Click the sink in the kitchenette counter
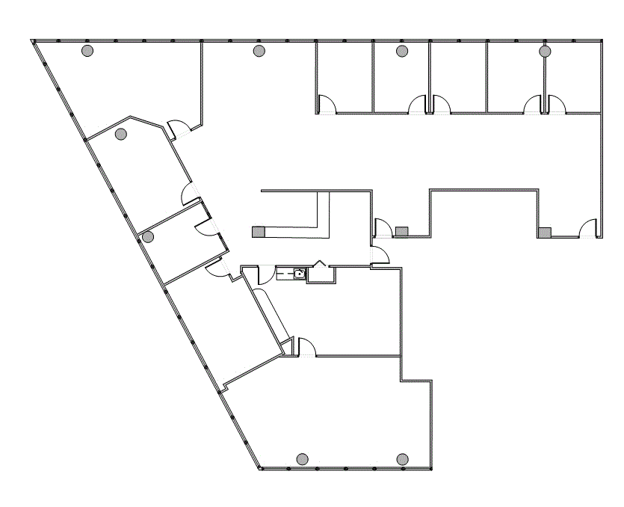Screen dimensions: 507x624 coord(299,274)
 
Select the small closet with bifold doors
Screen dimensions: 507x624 coord(322,274)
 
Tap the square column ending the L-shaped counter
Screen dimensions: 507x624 coord(259,232)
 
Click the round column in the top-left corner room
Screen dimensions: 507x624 coord(87,51)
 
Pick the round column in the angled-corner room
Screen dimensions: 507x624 coord(121,134)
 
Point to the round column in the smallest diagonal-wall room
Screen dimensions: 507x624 coord(148,237)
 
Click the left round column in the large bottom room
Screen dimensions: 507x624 coord(303,458)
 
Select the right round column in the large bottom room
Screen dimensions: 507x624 coord(402,458)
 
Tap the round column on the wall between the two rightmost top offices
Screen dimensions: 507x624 coord(545,51)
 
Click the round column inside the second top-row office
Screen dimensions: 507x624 coord(402,51)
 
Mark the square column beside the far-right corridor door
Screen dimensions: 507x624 coord(544,233)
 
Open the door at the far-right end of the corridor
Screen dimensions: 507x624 coord(589,227)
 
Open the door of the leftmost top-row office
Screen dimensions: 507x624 coord(327,105)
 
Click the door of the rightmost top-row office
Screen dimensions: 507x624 coord(557,105)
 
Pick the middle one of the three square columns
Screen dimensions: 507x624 coord(402,232)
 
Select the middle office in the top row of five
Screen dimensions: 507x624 coord(458,75)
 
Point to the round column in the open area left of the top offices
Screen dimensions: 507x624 coord(259,51)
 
